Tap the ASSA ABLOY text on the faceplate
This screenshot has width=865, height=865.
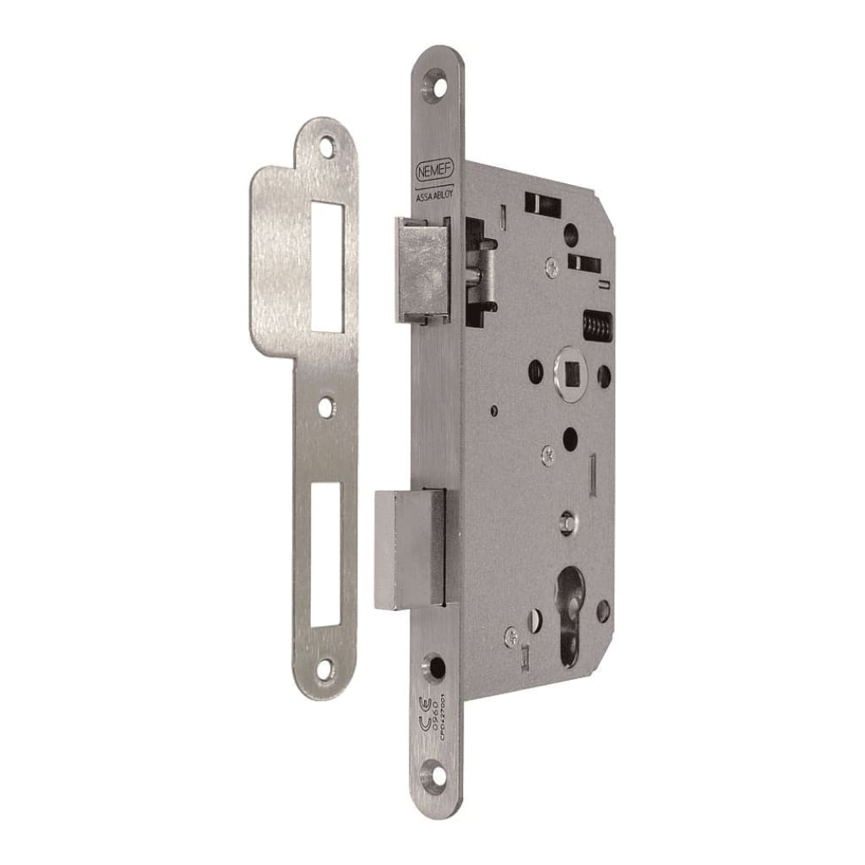435,192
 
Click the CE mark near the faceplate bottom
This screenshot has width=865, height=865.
427,706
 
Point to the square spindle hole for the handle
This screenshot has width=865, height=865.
567,371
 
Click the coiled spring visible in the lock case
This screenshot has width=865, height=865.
596,325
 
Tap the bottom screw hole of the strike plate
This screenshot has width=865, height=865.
326,668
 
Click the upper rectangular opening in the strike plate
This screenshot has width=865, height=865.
328,267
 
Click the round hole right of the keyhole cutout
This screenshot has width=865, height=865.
602,611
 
